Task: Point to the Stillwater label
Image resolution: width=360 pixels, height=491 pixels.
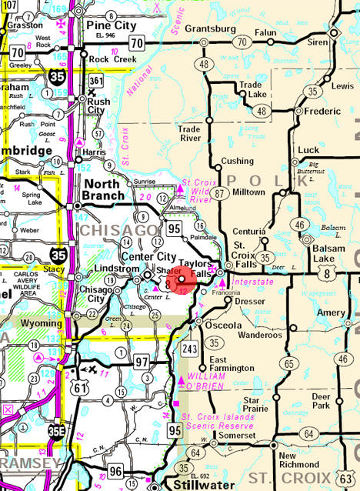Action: click(181, 485)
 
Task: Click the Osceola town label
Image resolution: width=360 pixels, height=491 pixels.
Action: click(220, 324)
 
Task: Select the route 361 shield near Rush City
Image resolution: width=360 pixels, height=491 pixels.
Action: click(96, 81)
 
